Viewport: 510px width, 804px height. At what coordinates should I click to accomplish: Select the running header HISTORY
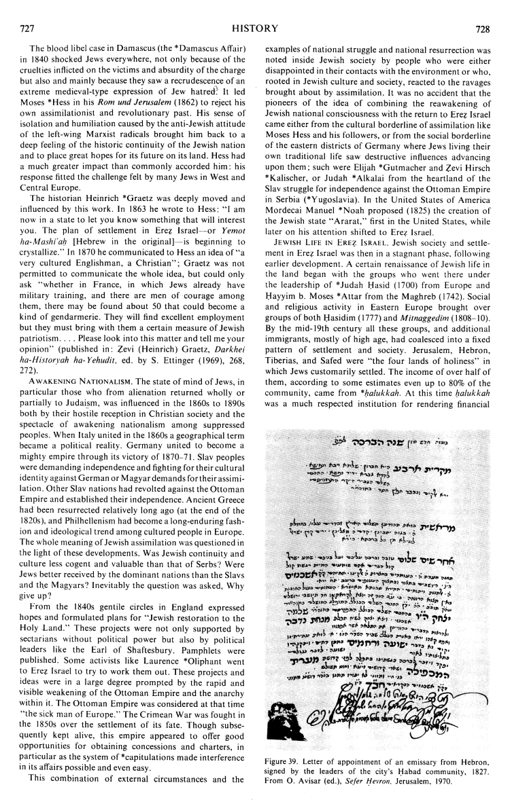coord(254,11)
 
